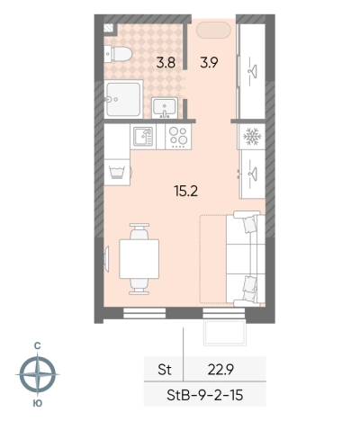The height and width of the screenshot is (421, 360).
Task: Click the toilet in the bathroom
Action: coord(118,54)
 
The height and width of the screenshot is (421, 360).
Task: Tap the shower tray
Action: coord(123,99)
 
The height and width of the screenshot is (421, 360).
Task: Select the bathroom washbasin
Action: coord(165,107)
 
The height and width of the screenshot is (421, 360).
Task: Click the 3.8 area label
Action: coord(166,63)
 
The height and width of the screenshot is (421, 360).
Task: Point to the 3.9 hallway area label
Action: coord(209,63)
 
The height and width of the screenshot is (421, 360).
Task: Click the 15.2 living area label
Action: coord(186,191)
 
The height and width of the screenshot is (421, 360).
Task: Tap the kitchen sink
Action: coord(143,137)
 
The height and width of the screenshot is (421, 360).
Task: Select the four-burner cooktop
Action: coord(178,137)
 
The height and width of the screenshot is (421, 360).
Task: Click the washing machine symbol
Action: coord(118,173)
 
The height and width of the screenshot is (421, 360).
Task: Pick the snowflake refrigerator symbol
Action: coord(252,137)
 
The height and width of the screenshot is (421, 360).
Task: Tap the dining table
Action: coord(139,259)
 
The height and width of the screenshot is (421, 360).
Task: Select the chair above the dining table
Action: coord(139,231)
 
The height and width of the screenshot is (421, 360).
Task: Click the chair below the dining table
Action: coord(139,287)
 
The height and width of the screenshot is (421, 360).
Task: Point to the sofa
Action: coord(246,259)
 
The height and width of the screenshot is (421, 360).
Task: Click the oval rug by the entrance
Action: coord(213,31)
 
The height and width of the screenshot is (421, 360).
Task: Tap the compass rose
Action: coord(38,374)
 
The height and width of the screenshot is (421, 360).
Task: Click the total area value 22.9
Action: coord(220,370)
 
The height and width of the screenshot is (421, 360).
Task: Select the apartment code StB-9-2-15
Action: coord(205,395)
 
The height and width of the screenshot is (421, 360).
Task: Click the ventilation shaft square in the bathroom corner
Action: coord(109,28)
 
